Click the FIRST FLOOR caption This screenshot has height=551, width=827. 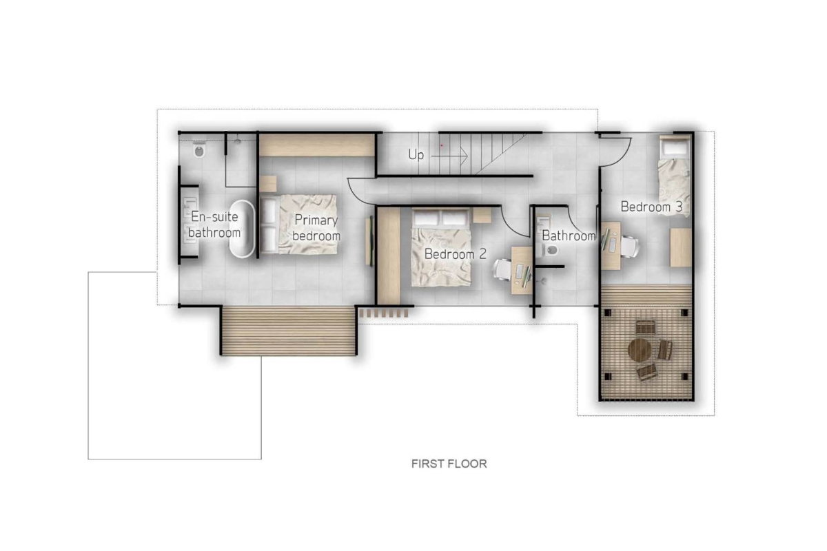pos(449,464)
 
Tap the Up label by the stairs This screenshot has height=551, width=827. pos(416,155)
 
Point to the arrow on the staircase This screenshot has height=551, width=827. pos(449,156)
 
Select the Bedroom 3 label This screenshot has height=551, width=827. pos(651,207)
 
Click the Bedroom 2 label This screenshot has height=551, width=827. pos(456,254)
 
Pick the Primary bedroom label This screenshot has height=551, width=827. pos(316,228)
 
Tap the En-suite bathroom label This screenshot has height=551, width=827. pos(214,225)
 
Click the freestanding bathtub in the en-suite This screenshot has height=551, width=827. pos(242,229)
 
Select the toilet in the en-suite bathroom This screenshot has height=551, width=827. pos(199,150)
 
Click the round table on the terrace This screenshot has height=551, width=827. pos(640,350)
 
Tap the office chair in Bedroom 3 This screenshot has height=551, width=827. pos(629,246)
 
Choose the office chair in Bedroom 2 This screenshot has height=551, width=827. pos(502,270)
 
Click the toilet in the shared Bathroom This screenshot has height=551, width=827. pos(550,251)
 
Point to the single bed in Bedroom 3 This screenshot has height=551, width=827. pos(674,176)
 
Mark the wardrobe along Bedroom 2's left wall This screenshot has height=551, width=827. pos(389,256)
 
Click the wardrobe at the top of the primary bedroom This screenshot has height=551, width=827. pos(317,145)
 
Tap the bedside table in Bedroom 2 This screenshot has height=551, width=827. pos(482,215)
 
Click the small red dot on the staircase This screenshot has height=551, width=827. pos(442,145)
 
